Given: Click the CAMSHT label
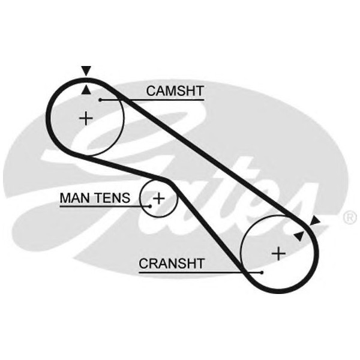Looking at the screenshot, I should point(175,91).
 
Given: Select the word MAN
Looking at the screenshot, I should point(73,197).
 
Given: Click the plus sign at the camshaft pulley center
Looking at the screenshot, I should point(86,118).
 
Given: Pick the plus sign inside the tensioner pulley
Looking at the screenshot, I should point(158,197).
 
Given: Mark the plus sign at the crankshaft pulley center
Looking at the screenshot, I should point(278,253).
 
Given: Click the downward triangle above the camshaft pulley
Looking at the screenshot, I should point(86,71).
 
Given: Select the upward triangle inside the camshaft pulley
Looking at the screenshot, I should point(86,90).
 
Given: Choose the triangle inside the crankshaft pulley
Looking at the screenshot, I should point(299,236).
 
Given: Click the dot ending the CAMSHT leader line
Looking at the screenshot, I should point(101,100).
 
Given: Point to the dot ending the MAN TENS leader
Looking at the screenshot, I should point(149,206).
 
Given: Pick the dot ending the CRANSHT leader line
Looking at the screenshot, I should point(262,272).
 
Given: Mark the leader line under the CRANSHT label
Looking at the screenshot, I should point(198,272).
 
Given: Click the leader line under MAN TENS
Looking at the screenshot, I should point(102,206).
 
